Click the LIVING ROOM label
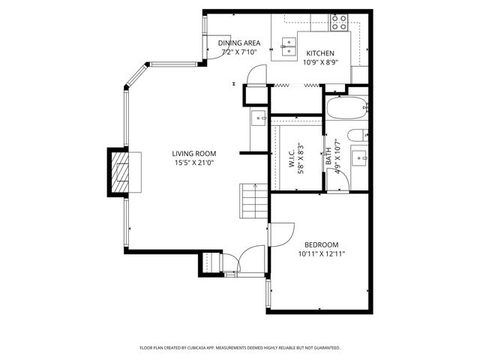pos(195,154)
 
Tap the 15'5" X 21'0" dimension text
pos(195,163)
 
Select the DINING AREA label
pos(239,43)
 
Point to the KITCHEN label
pos(319,53)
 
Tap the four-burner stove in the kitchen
pos(340,22)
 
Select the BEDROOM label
pos(321,244)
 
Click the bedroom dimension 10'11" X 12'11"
pos(321,253)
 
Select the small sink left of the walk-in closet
pos(258,117)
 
